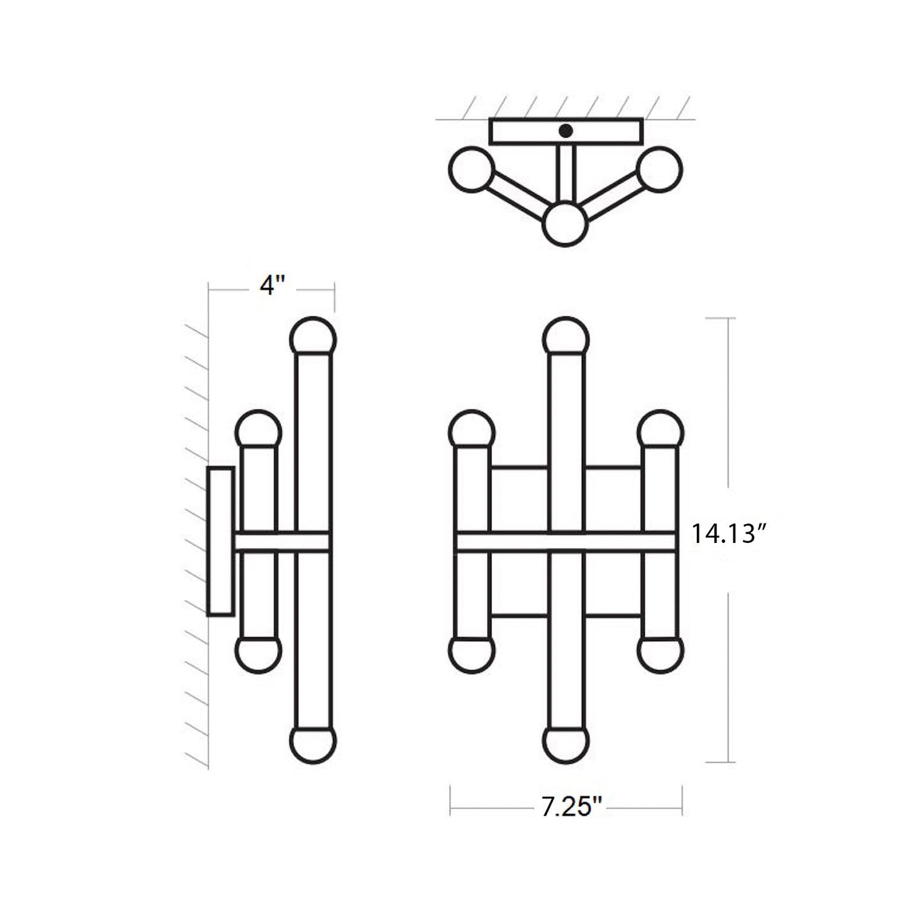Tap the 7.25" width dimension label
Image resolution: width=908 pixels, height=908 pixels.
pos(571,807)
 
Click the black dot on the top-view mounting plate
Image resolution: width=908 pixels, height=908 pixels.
pos(566,131)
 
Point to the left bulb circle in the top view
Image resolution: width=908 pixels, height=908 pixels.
pos(472,169)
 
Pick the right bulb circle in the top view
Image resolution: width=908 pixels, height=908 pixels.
pos(659,169)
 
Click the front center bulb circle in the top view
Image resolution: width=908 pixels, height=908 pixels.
pos(565,224)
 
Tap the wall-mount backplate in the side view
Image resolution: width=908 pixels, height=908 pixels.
pos(221,541)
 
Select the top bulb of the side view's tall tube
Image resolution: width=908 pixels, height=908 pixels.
pos(313,338)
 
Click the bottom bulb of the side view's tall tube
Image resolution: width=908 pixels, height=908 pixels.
pos(313,744)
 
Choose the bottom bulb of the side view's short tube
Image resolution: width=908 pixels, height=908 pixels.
pos(258,654)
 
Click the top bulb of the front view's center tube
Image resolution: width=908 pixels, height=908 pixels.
pos(566,338)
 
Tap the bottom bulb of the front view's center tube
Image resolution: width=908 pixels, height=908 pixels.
pos(566,744)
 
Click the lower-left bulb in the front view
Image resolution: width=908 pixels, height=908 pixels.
pos(472,654)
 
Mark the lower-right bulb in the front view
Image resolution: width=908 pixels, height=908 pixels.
pos(660,654)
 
